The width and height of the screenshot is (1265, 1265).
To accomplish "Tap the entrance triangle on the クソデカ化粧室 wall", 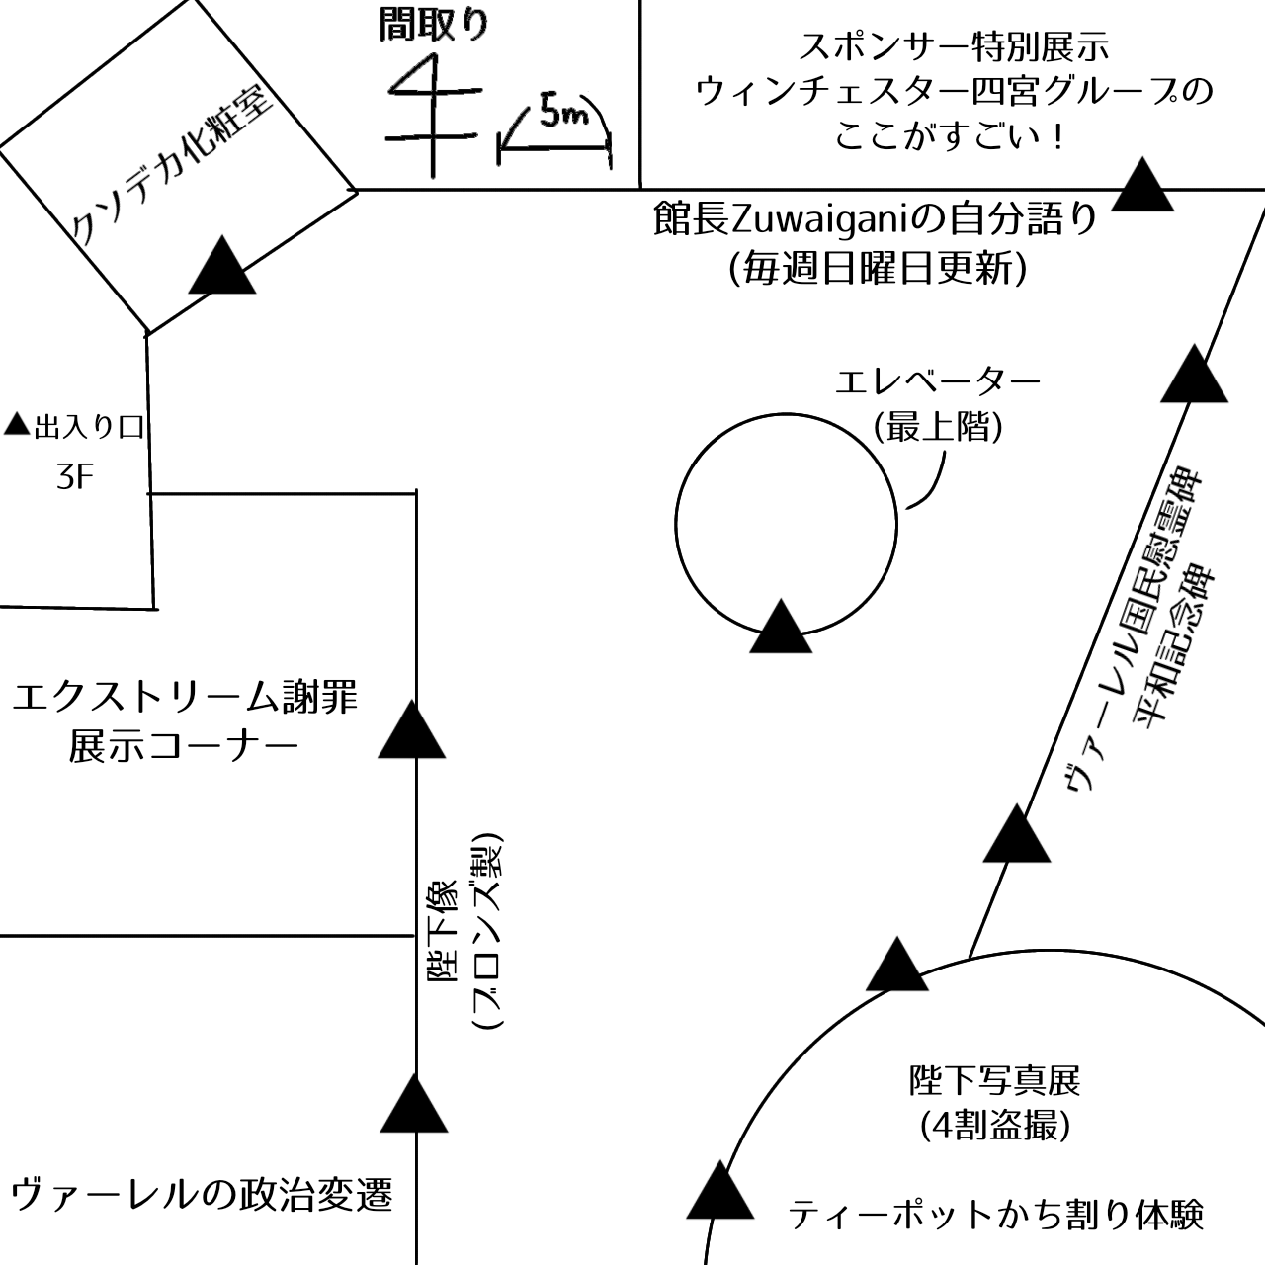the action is pyautogui.click(x=222, y=265).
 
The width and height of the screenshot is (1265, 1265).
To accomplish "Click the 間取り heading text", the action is pyautogui.click(x=434, y=26).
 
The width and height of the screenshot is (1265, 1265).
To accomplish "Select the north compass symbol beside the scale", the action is pyautogui.click(x=433, y=116).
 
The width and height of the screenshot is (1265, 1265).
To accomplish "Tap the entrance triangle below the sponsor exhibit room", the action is pyautogui.click(x=1142, y=184).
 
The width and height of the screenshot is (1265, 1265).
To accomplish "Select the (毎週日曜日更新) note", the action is pyautogui.click(x=879, y=269).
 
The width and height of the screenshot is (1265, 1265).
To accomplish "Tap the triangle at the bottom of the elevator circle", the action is pyautogui.click(x=781, y=627).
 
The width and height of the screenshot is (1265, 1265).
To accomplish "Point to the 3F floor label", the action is pyautogui.click(x=74, y=477).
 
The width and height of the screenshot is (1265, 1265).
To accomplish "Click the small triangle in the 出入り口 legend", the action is pyautogui.click(x=17, y=424).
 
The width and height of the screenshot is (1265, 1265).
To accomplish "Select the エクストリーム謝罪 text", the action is pyautogui.click(x=185, y=697).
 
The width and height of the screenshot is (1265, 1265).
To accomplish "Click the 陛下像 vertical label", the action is pyautogui.click(x=445, y=932).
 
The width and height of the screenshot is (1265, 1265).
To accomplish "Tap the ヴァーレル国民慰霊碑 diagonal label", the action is pyautogui.click(x=1131, y=630).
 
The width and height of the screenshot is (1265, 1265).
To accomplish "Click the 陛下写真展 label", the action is pyautogui.click(x=994, y=1080).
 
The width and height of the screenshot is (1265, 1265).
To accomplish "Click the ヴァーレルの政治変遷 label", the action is pyautogui.click(x=203, y=1196).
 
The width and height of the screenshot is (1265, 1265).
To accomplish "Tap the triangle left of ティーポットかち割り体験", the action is pyautogui.click(x=720, y=1190).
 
